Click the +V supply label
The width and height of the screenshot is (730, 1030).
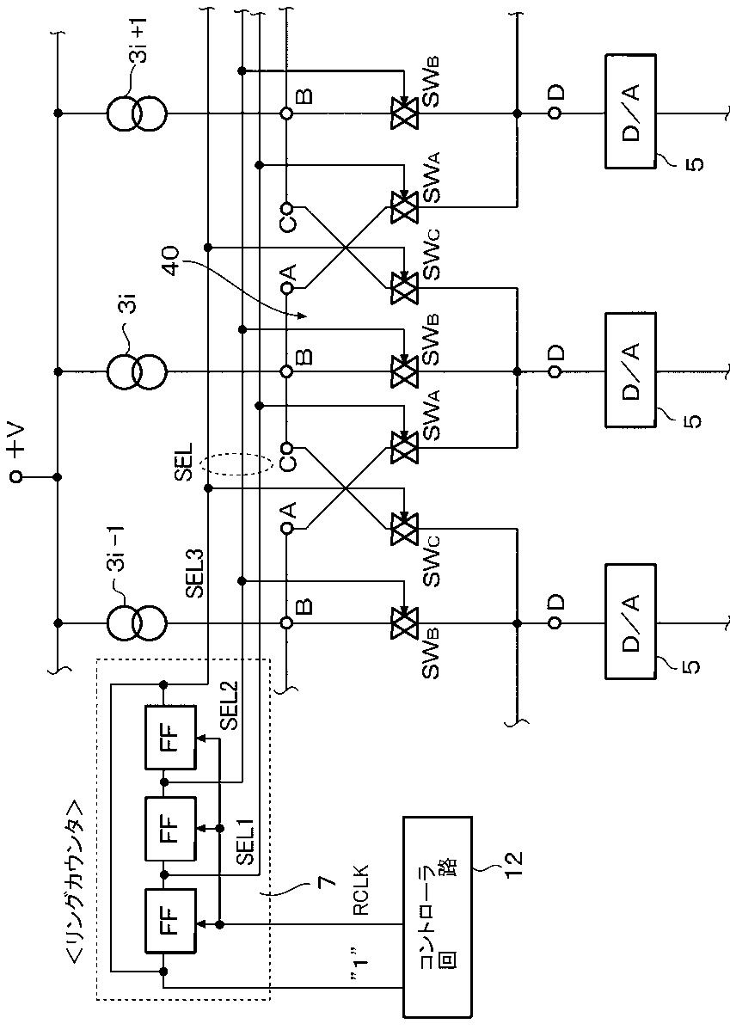[15, 438]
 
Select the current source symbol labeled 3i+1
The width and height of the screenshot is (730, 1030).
[138, 113]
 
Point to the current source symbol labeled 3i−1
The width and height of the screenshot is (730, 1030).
[138, 622]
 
